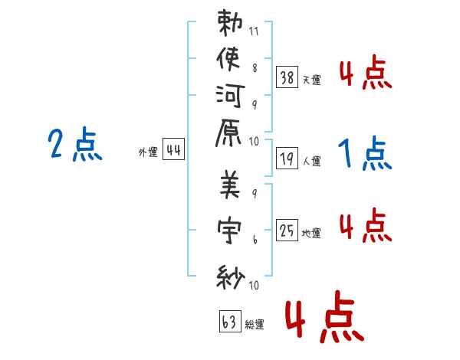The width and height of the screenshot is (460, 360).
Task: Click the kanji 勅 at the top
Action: coord(230,23)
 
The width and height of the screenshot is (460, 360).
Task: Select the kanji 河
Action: coord(230,96)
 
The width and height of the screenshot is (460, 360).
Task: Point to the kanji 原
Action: coord(228,133)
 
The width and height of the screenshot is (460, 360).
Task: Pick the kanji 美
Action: coord(230,184)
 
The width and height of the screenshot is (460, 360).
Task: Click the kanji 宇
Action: coord(229,231)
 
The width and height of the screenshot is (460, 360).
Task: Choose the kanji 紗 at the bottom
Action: coord(231,277)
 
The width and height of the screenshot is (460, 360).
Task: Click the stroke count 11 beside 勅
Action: coord(254,31)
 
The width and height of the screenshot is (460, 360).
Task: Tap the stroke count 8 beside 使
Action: coord(255,68)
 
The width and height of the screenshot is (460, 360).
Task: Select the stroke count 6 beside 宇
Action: coord(255,240)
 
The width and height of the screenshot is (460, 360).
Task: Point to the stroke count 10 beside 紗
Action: coord(254,285)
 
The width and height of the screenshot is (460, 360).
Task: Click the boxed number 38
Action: coord(287,77)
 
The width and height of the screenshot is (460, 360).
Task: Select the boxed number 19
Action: coord(287,159)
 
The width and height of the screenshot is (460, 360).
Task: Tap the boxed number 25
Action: coord(287,230)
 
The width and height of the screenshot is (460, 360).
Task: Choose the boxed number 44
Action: coord(173,149)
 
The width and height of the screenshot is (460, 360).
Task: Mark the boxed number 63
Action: coord(230,321)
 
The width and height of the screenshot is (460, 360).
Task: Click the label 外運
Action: coord(148,152)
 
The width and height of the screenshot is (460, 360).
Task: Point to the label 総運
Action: coord(255,325)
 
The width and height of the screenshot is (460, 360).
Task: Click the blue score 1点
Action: coord(365,153)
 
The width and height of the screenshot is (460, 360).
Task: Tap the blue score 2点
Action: coord(75,144)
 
